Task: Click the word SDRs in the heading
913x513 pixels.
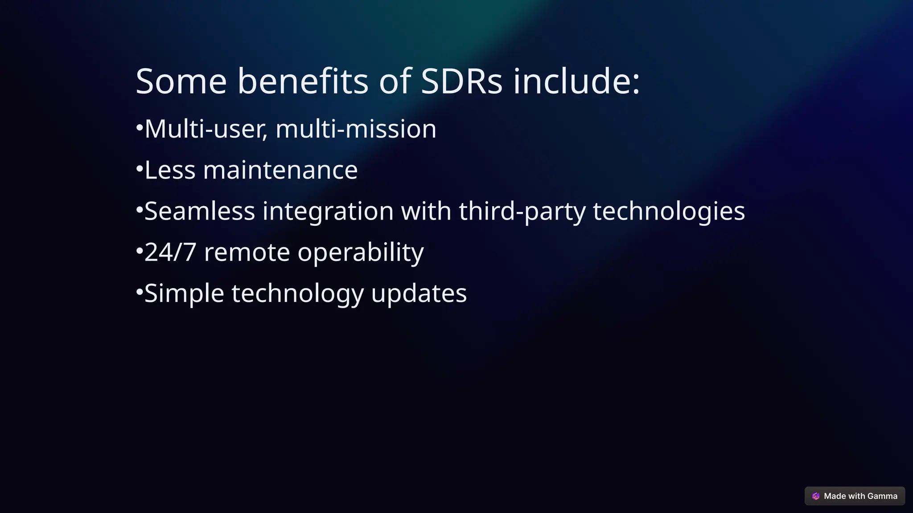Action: [x=461, y=81]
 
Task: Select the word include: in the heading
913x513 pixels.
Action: [x=576, y=81]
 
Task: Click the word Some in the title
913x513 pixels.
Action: [x=181, y=81]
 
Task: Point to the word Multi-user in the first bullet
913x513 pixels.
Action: [x=206, y=129]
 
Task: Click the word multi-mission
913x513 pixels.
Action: [x=356, y=129]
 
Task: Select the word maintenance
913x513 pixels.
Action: [x=280, y=170]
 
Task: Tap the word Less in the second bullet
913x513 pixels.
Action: [x=170, y=170]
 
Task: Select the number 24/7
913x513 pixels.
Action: [x=170, y=252]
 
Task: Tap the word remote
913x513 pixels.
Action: [x=247, y=252]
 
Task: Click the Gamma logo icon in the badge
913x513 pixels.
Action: [x=816, y=496]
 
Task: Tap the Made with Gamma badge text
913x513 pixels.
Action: [x=860, y=496]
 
